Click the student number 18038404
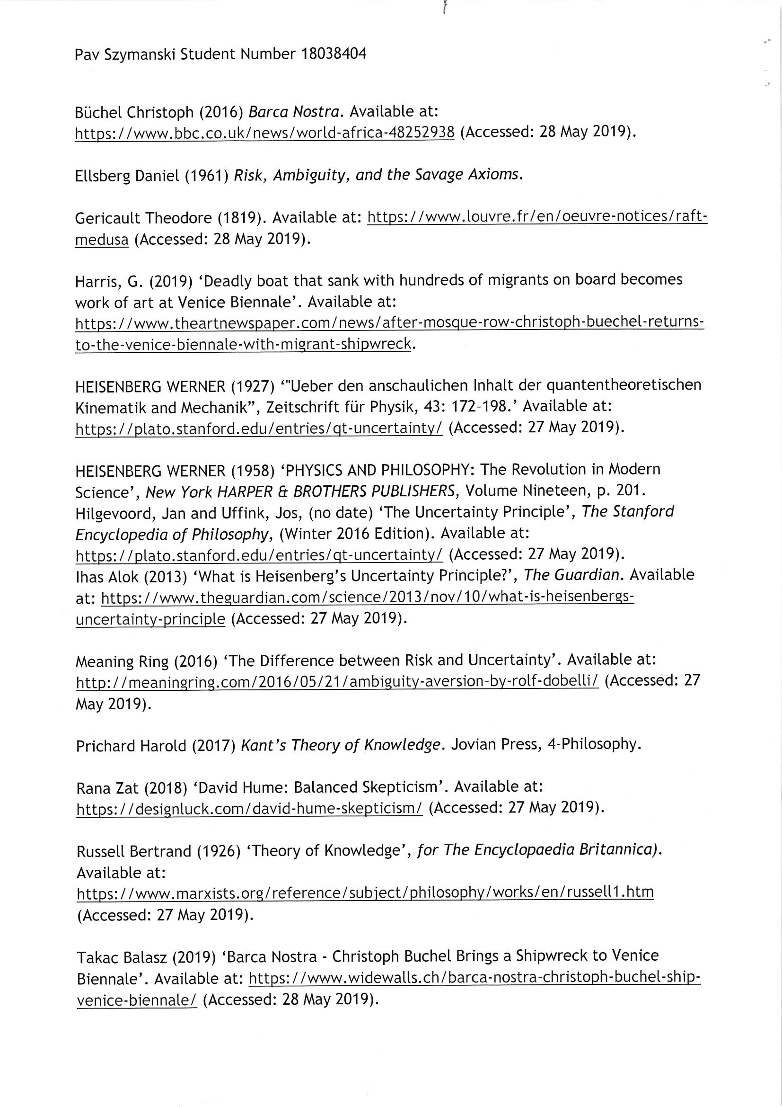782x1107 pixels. coord(333,54)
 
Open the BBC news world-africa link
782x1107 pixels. coord(264,132)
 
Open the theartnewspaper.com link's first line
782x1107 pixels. coord(389,322)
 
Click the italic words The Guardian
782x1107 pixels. coord(571,574)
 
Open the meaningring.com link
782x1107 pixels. coord(337,681)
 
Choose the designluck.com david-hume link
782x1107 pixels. coord(250,808)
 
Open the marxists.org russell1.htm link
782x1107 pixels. coord(365,893)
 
